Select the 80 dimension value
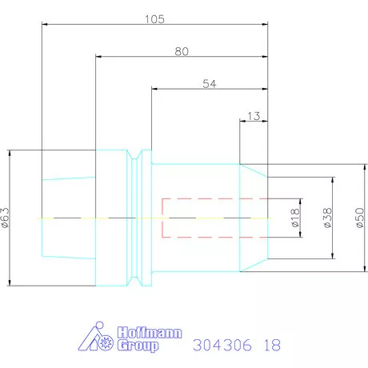(181, 50)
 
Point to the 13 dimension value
(253, 116)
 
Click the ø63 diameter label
(6, 217)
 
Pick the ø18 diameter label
(294, 217)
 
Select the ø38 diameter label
(326, 217)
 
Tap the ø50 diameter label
(359, 217)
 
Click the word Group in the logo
(137, 346)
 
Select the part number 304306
(220, 346)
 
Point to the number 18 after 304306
(272, 346)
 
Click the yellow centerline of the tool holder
(120, 218)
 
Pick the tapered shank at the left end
(67, 218)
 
